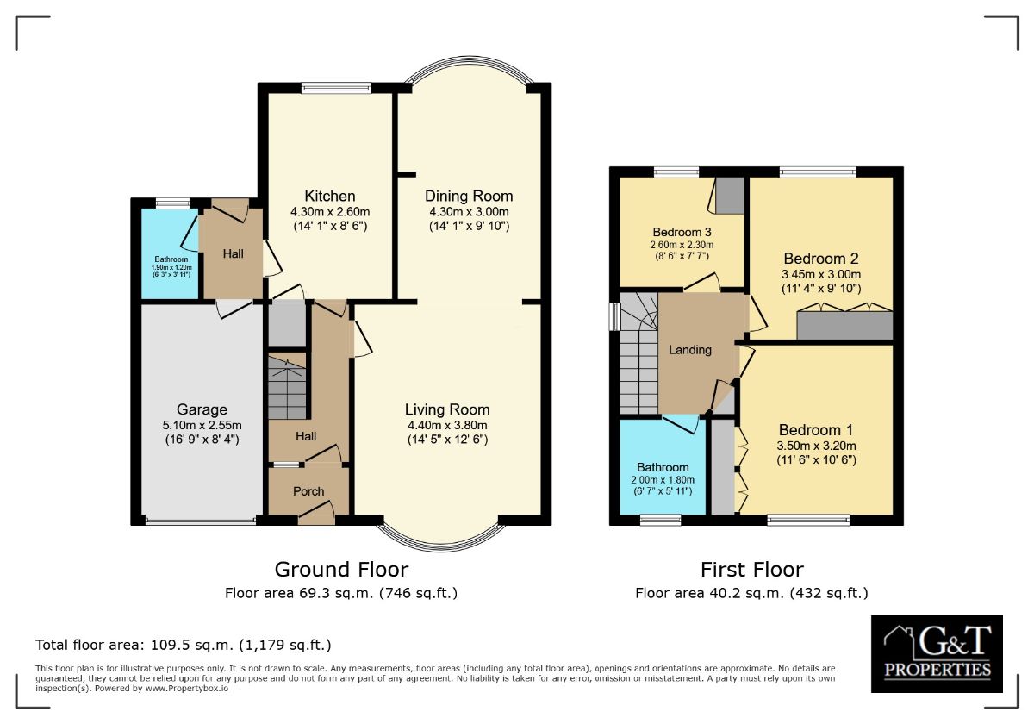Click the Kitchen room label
pyautogui.click(x=329, y=197)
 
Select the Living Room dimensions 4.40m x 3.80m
pyautogui.click(x=447, y=425)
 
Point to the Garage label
pyautogui.click(x=202, y=409)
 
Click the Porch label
pyautogui.click(x=308, y=491)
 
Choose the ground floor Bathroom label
pyautogui.click(x=171, y=259)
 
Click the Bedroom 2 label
pyautogui.click(x=821, y=258)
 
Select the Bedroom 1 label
pyautogui.click(x=816, y=430)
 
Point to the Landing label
pyautogui.click(x=690, y=350)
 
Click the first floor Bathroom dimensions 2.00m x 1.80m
pyautogui.click(x=663, y=480)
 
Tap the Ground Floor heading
pyautogui.click(x=341, y=570)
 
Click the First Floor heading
pyautogui.click(x=751, y=570)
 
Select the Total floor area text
pyautogui.click(x=183, y=645)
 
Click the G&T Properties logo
pyautogui.click(x=937, y=653)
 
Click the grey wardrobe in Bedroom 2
pyautogui.click(x=844, y=326)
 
